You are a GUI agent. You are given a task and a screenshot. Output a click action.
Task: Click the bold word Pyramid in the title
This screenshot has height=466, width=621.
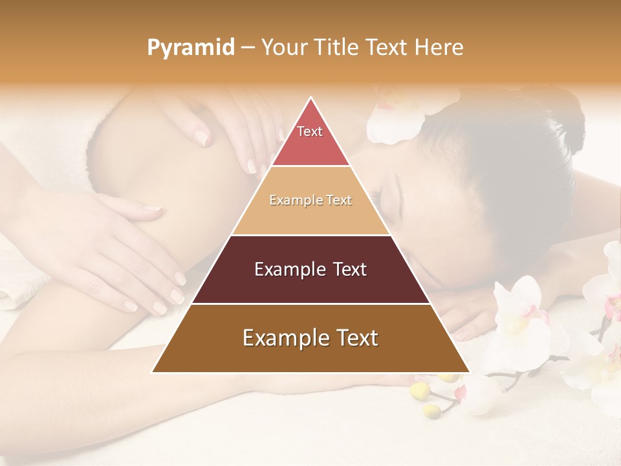tap(190, 48)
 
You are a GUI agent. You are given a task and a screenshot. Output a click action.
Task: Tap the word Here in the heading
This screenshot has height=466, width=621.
tap(440, 48)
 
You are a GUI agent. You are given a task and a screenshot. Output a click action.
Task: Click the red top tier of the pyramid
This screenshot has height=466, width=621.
tap(310, 146)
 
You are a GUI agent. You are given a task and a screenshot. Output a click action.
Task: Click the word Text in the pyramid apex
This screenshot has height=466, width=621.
tap(310, 131)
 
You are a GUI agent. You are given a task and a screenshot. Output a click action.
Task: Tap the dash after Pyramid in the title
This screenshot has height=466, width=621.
tap(248, 48)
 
